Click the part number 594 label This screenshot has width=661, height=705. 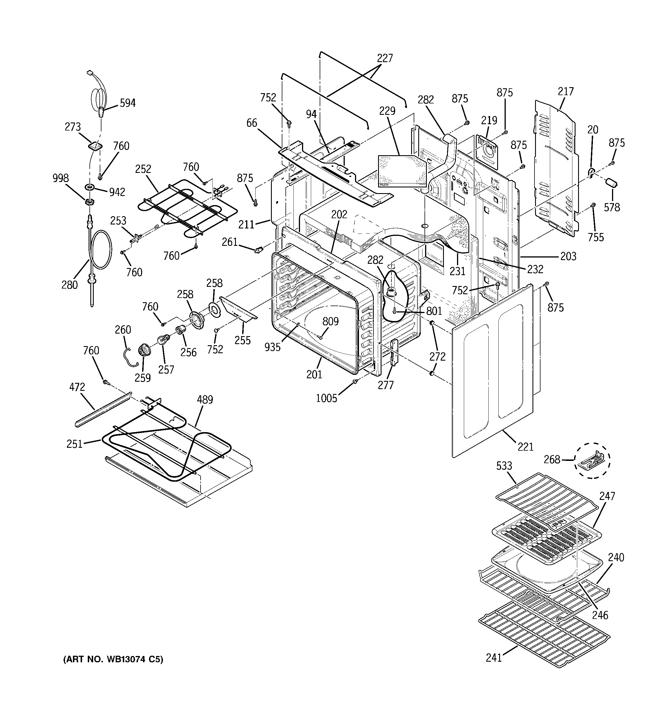click(x=127, y=103)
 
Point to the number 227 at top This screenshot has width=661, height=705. click(x=385, y=58)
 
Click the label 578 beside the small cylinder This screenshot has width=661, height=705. click(x=612, y=207)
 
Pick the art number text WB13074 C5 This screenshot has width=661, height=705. click(x=113, y=659)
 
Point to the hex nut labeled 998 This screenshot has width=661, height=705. click(x=89, y=202)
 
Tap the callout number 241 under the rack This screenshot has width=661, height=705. click(x=493, y=658)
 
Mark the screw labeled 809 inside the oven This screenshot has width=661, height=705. click(x=321, y=338)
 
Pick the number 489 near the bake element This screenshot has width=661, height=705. click(x=205, y=399)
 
